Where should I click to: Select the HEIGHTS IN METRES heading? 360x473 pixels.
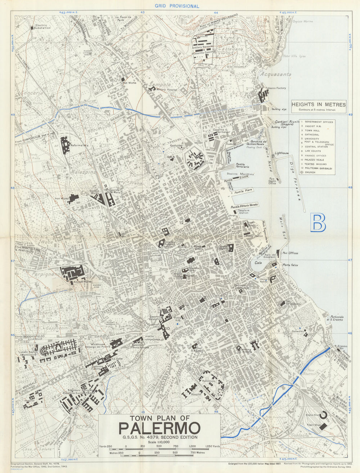(319, 104)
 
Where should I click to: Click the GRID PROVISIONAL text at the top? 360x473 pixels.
(177, 6)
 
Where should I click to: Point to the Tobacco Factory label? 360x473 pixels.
(275, 88)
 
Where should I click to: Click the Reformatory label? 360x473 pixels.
(80, 146)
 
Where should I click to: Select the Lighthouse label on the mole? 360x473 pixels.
(282, 153)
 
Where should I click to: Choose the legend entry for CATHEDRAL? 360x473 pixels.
(312, 134)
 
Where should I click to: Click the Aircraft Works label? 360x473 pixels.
(82, 282)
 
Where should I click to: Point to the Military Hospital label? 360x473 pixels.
(167, 89)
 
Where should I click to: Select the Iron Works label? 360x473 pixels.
(62, 198)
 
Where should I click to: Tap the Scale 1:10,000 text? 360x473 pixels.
(159, 442)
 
